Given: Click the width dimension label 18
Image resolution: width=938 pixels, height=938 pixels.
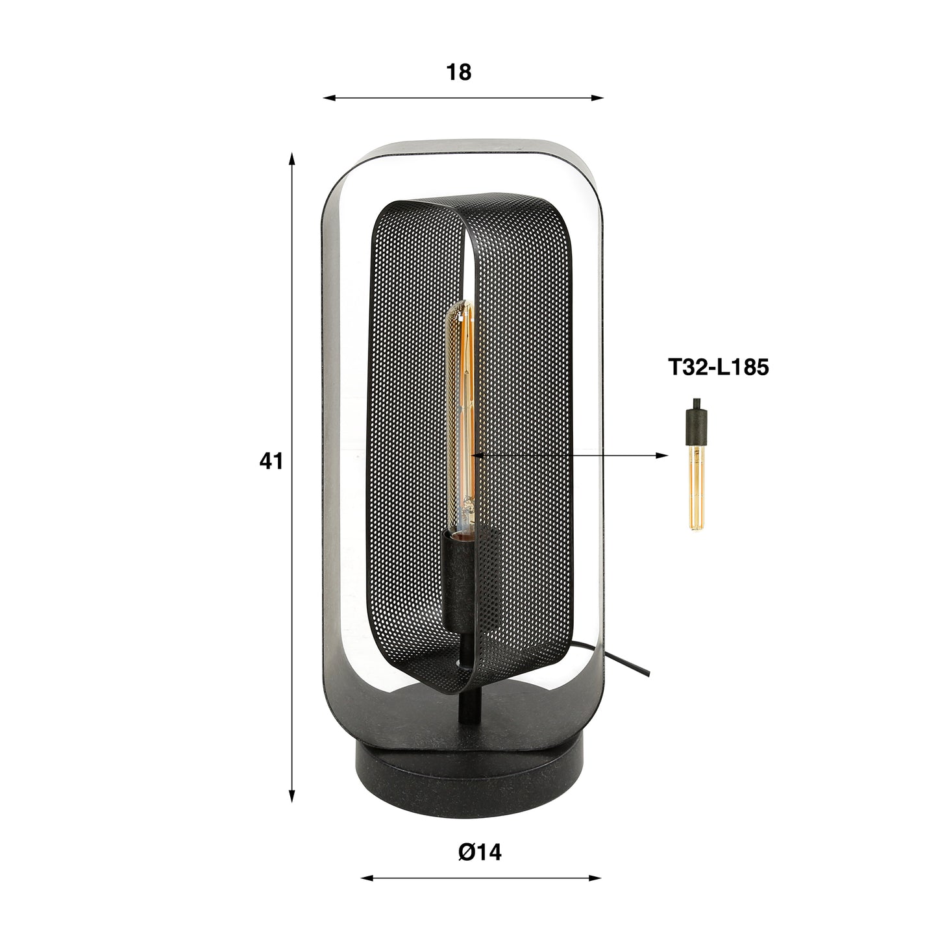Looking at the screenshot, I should (458, 73).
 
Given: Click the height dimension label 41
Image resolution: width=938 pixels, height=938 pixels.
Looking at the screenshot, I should (271, 462).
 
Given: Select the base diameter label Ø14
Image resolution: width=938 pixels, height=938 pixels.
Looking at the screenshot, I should (480, 852).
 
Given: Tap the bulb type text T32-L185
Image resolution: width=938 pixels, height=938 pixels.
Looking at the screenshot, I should (719, 367).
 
